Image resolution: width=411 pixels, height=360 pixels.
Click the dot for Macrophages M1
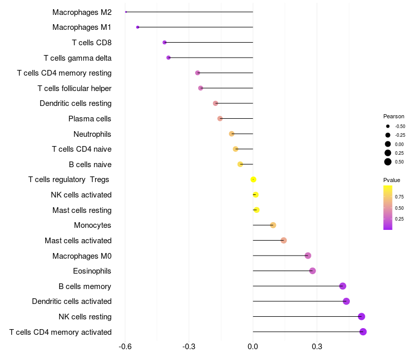pos(138,27)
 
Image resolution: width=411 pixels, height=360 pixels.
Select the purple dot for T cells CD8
pos(164,42)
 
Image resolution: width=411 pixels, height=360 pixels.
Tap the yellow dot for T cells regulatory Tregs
pos(253,179)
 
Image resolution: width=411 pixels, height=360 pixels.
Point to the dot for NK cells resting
pos(362,316)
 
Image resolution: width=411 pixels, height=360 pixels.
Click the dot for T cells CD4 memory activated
pos(363,332)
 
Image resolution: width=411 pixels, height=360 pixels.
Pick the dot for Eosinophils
pos(312,271)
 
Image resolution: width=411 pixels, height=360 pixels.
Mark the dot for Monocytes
pos(273,225)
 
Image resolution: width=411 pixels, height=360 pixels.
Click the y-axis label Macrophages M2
pos(82,12)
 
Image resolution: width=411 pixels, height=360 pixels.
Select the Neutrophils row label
pos(92,134)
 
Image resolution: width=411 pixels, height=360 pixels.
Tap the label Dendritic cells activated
pos(71,301)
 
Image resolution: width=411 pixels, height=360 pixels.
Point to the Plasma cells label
pos(90,119)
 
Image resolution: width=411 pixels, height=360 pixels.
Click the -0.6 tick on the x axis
pos(125,347)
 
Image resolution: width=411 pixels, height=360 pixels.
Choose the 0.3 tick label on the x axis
pos(317,347)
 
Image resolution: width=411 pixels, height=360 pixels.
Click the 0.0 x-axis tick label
pos(253,347)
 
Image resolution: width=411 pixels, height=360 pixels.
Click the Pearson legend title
pos(394,116)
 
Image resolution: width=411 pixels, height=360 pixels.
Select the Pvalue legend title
pos(391,180)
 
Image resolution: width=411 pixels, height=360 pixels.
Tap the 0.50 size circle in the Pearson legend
pos(388,162)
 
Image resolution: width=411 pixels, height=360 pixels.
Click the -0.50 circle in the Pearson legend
pos(388,126)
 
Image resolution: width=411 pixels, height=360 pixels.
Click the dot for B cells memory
pos(343,286)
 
